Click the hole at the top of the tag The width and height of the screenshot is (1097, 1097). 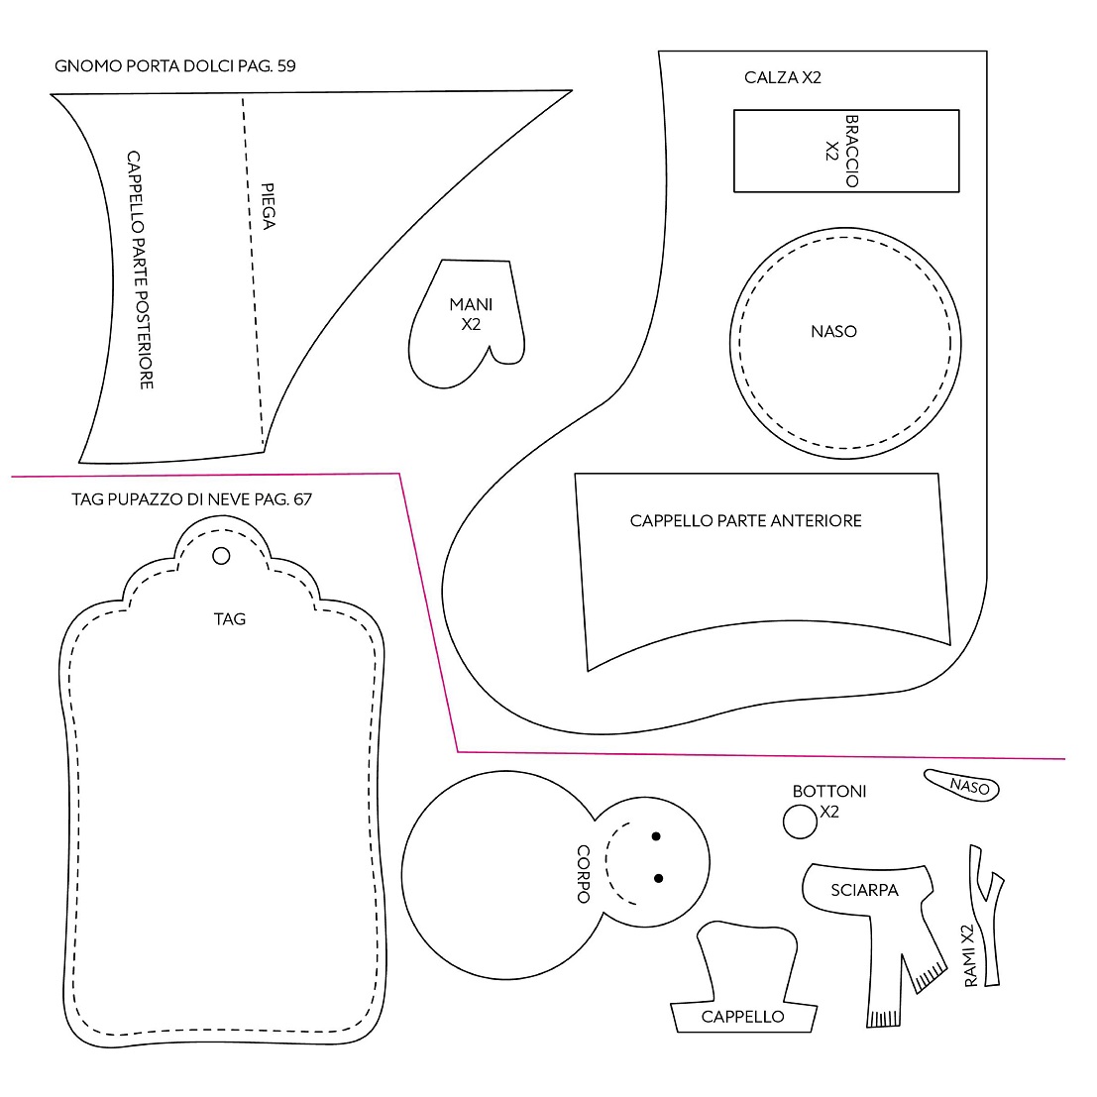pos(221,556)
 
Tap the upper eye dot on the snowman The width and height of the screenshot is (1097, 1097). pos(656,836)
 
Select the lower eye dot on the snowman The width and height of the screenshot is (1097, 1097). pos(658,878)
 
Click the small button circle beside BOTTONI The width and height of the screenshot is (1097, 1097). pos(800,822)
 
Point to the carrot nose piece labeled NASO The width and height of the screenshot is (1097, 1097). pos(962,785)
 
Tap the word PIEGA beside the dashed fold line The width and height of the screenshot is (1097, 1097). pos(268,206)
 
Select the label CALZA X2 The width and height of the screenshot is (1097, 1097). pos(782,77)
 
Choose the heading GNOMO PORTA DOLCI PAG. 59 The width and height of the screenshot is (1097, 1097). pos(174,65)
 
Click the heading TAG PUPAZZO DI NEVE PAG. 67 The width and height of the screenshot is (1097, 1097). pos(191,498)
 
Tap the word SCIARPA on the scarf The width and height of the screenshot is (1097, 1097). pos(864,890)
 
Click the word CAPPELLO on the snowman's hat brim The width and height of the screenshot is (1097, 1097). pos(742,1017)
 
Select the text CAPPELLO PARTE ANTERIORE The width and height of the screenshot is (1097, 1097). pos(746,520)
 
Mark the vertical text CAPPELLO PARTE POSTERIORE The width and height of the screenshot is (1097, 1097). pos(140,270)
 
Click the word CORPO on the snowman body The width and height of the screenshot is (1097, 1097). pos(583,874)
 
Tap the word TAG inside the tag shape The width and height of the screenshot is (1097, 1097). pos(230,619)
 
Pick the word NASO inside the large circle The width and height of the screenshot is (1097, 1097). pos(833,332)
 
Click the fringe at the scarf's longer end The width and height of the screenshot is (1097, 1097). pos(883,1019)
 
